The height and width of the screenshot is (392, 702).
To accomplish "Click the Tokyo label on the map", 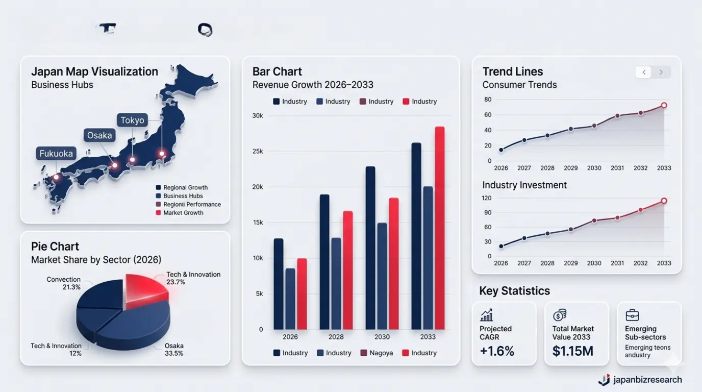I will coord(132,120).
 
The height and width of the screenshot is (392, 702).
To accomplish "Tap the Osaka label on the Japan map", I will coord(99,135).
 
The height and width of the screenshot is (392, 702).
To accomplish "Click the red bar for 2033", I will coord(439,228).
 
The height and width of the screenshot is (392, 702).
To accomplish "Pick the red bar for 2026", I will coord(302,293).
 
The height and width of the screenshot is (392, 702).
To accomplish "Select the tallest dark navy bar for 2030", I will coord(370,248).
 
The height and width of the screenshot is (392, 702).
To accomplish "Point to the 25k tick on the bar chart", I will coord(257,152).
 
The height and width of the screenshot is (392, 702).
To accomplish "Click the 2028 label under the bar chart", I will coord(336,337).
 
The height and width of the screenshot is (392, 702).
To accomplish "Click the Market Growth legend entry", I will coord(183,213).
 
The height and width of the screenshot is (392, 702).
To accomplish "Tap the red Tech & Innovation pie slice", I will coord(145,291).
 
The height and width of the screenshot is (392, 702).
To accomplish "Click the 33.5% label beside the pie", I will coord(174,353).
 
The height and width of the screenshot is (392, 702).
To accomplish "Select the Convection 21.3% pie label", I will coord(64,283).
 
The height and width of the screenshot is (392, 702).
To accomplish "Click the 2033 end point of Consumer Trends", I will coord(664,105).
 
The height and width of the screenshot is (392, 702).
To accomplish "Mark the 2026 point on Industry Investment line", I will coord(501,246).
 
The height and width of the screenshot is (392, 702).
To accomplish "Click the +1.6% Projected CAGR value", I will coord(497,351).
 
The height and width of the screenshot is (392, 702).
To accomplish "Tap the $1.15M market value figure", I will coord(572,351).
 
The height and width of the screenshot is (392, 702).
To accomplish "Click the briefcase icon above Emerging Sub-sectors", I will coord(632,315).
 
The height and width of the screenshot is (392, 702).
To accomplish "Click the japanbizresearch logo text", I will coord(647,380).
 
